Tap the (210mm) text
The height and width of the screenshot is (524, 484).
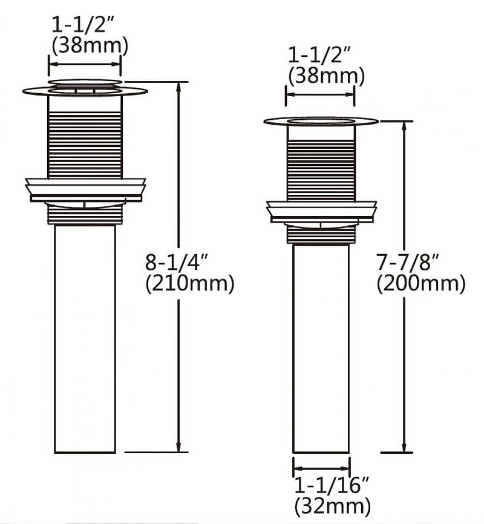click(x=190, y=284)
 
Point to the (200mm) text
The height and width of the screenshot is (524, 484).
click(x=421, y=284)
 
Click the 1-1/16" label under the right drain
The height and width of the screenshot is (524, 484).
click(x=332, y=485)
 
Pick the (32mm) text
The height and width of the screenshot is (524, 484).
click(x=332, y=506)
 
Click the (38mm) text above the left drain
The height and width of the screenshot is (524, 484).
click(x=90, y=46)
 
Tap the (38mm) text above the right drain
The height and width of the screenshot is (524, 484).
click(x=326, y=76)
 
